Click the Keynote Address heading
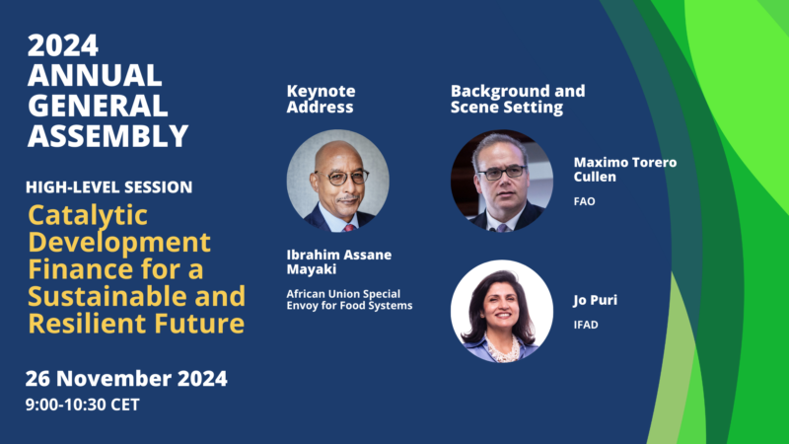tap(322, 100)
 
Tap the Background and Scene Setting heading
tap(518, 100)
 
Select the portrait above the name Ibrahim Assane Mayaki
tap(337, 181)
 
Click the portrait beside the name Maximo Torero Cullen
tap(502, 181)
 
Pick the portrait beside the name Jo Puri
tap(502, 311)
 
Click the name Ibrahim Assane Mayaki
tap(338, 261)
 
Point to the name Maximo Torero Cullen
tap(625, 170)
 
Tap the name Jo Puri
tap(596, 300)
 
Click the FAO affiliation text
tap(584, 201)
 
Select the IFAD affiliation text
tap(586, 325)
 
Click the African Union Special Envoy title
tap(349, 300)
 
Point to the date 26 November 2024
tap(126, 379)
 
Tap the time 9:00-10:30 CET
tap(83, 405)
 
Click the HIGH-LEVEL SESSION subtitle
tap(109, 187)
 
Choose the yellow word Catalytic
tap(88, 216)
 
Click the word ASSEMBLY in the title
tap(108, 136)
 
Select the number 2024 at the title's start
tap(63, 45)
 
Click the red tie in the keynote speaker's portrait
tap(349, 229)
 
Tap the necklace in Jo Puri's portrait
tap(502, 351)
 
